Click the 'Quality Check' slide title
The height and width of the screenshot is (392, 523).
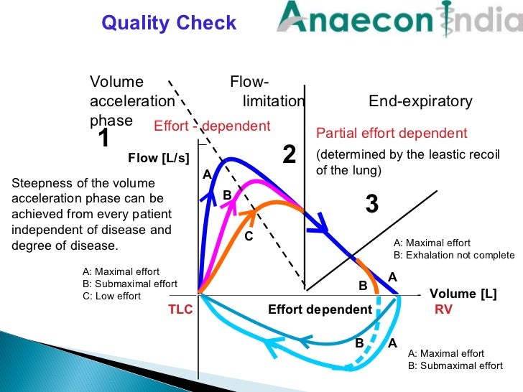(x=169, y=23)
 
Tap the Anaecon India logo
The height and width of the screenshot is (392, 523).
(x=399, y=22)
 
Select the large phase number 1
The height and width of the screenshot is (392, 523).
(x=103, y=139)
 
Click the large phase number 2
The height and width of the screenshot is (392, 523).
(x=289, y=154)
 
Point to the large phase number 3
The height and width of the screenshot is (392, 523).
(x=371, y=205)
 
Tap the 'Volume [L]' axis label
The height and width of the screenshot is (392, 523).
(x=463, y=294)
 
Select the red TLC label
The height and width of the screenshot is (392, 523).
(x=181, y=309)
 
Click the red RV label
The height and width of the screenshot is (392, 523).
(x=443, y=309)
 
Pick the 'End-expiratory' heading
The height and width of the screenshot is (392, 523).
(x=420, y=101)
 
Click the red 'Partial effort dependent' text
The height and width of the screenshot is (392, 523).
(x=392, y=134)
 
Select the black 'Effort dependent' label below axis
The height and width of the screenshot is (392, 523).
(x=320, y=309)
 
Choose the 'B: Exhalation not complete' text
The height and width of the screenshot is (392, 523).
(x=454, y=255)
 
